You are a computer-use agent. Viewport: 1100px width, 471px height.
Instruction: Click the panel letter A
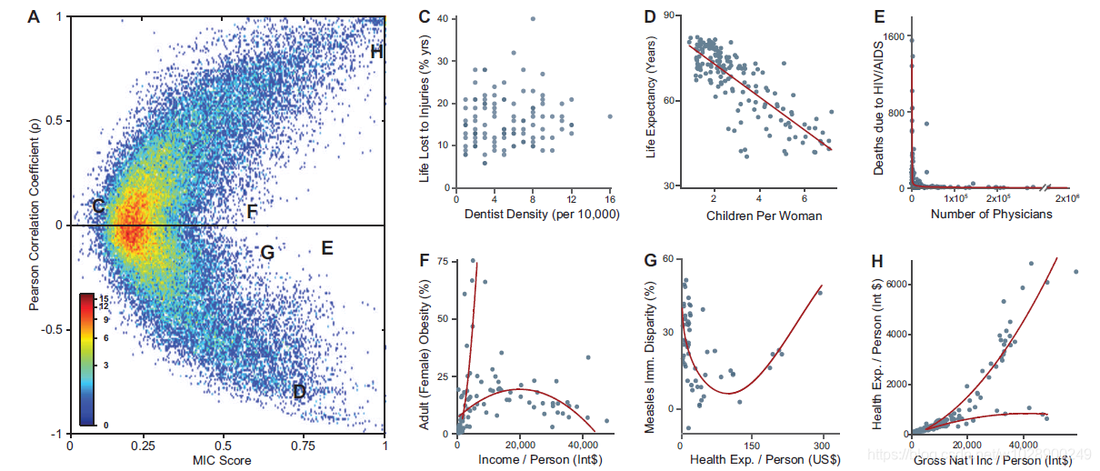[34, 16]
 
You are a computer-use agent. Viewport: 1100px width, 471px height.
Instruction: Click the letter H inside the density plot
[376, 52]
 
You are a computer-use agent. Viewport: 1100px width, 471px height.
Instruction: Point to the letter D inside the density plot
[298, 393]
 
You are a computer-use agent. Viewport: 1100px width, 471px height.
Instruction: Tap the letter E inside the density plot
[327, 247]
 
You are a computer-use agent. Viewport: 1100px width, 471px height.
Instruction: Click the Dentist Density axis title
[529, 216]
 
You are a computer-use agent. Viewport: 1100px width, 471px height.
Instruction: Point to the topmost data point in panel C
[533, 18]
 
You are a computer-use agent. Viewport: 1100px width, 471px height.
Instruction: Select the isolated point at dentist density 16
[610, 116]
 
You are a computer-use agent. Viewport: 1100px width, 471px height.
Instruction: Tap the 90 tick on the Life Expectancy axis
[666, 16]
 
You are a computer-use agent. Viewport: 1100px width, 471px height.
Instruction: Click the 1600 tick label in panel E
[892, 37]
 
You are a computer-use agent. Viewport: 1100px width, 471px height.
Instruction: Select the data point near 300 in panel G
[820, 292]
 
